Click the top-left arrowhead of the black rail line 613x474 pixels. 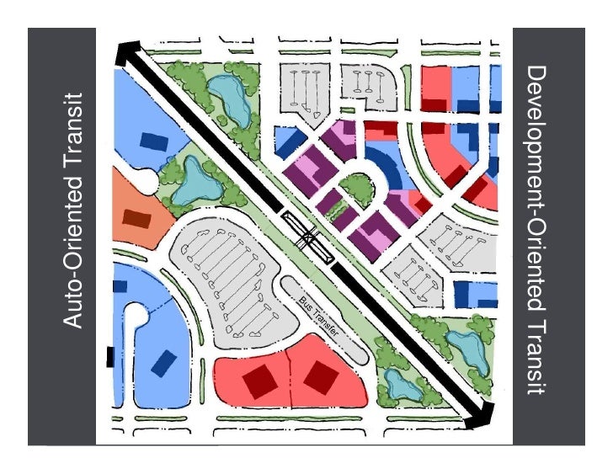click(x=125, y=51)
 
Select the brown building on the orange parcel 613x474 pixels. click(x=136, y=218)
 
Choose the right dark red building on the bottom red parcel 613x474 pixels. click(x=319, y=376)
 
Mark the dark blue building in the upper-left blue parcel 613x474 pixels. click(x=153, y=140)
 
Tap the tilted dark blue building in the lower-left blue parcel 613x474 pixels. click(x=164, y=363)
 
